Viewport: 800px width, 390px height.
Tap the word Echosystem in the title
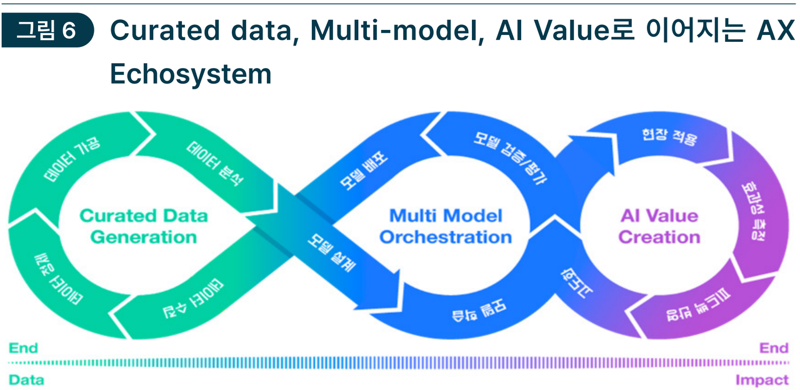tap(191, 74)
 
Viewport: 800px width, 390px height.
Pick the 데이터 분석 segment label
tap(216, 164)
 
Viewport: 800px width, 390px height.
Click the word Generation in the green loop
tap(144, 237)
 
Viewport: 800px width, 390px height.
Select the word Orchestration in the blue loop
tap(446, 237)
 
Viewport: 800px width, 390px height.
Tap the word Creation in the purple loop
tap(659, 237)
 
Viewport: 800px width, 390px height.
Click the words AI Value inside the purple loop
tap(659, 216)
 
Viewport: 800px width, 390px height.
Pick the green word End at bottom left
tap(23, 348)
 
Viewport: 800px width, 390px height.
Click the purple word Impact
tap(762, 380)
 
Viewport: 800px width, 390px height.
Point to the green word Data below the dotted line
tap(26, 380)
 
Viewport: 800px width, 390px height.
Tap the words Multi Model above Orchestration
tap(446, 216)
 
